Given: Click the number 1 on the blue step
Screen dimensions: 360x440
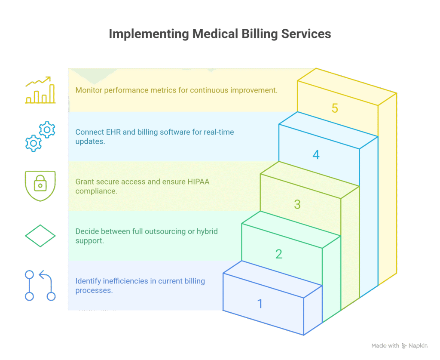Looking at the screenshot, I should click(x=260, y=304).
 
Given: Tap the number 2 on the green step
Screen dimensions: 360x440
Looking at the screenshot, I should click(x=279, y=254).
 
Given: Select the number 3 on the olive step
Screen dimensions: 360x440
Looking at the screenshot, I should click(x=297, y=204).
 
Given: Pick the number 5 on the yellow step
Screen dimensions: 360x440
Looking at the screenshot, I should click(x=335, y=108).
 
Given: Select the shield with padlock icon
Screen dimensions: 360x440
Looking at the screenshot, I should click(x=40, y=186).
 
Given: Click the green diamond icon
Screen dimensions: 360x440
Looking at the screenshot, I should click(x=40, y=235).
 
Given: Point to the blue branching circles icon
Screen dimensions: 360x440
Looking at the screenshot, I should click(x=40, y=285).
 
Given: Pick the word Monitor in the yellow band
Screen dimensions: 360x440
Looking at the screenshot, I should click(x=89, y=90).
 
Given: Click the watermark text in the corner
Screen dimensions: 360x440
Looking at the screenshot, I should click(x=400, y=345).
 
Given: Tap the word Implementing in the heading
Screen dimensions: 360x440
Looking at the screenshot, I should click(x=149, y=34).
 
